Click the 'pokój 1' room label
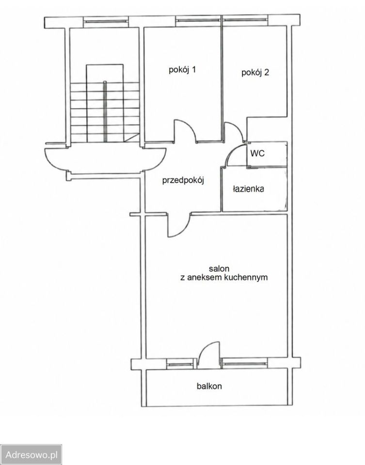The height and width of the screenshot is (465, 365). [182, 70]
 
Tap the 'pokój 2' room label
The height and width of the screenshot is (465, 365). [255, 72]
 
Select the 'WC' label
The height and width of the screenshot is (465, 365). [257, 154]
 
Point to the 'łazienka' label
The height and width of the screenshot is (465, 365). [248, 188]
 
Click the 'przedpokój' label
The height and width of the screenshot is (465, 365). [183, 180]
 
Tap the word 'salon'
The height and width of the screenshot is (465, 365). [219, 269]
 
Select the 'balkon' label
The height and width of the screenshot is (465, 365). [209, 386]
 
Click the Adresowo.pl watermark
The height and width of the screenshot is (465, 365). [31, 454]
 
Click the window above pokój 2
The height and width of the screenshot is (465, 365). [245, 20]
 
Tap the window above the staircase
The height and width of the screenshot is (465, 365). [106, 21]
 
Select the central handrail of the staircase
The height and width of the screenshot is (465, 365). [105, 111]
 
